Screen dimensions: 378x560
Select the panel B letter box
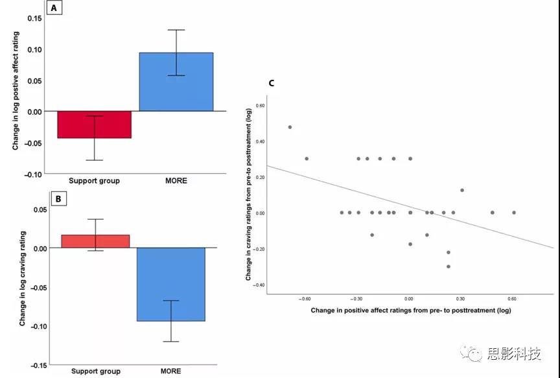click(x=58, y=198)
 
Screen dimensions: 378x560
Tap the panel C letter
click(x=271, y=83)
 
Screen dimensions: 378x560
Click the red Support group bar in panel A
click(x=95, y=124)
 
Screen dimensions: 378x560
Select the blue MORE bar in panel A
click(x=176, y=82)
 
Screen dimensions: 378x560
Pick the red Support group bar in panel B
click(x=95, y=241)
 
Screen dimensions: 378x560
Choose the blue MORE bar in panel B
click(x=171, y=284)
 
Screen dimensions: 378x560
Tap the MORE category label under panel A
click(x=176, y=180)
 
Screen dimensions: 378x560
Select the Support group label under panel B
click(x=95, y=372)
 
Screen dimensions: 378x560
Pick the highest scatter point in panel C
click(x=290, y=127)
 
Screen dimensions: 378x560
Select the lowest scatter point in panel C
click(x=448, y=266)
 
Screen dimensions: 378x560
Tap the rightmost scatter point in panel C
click(x=514, y=213)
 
